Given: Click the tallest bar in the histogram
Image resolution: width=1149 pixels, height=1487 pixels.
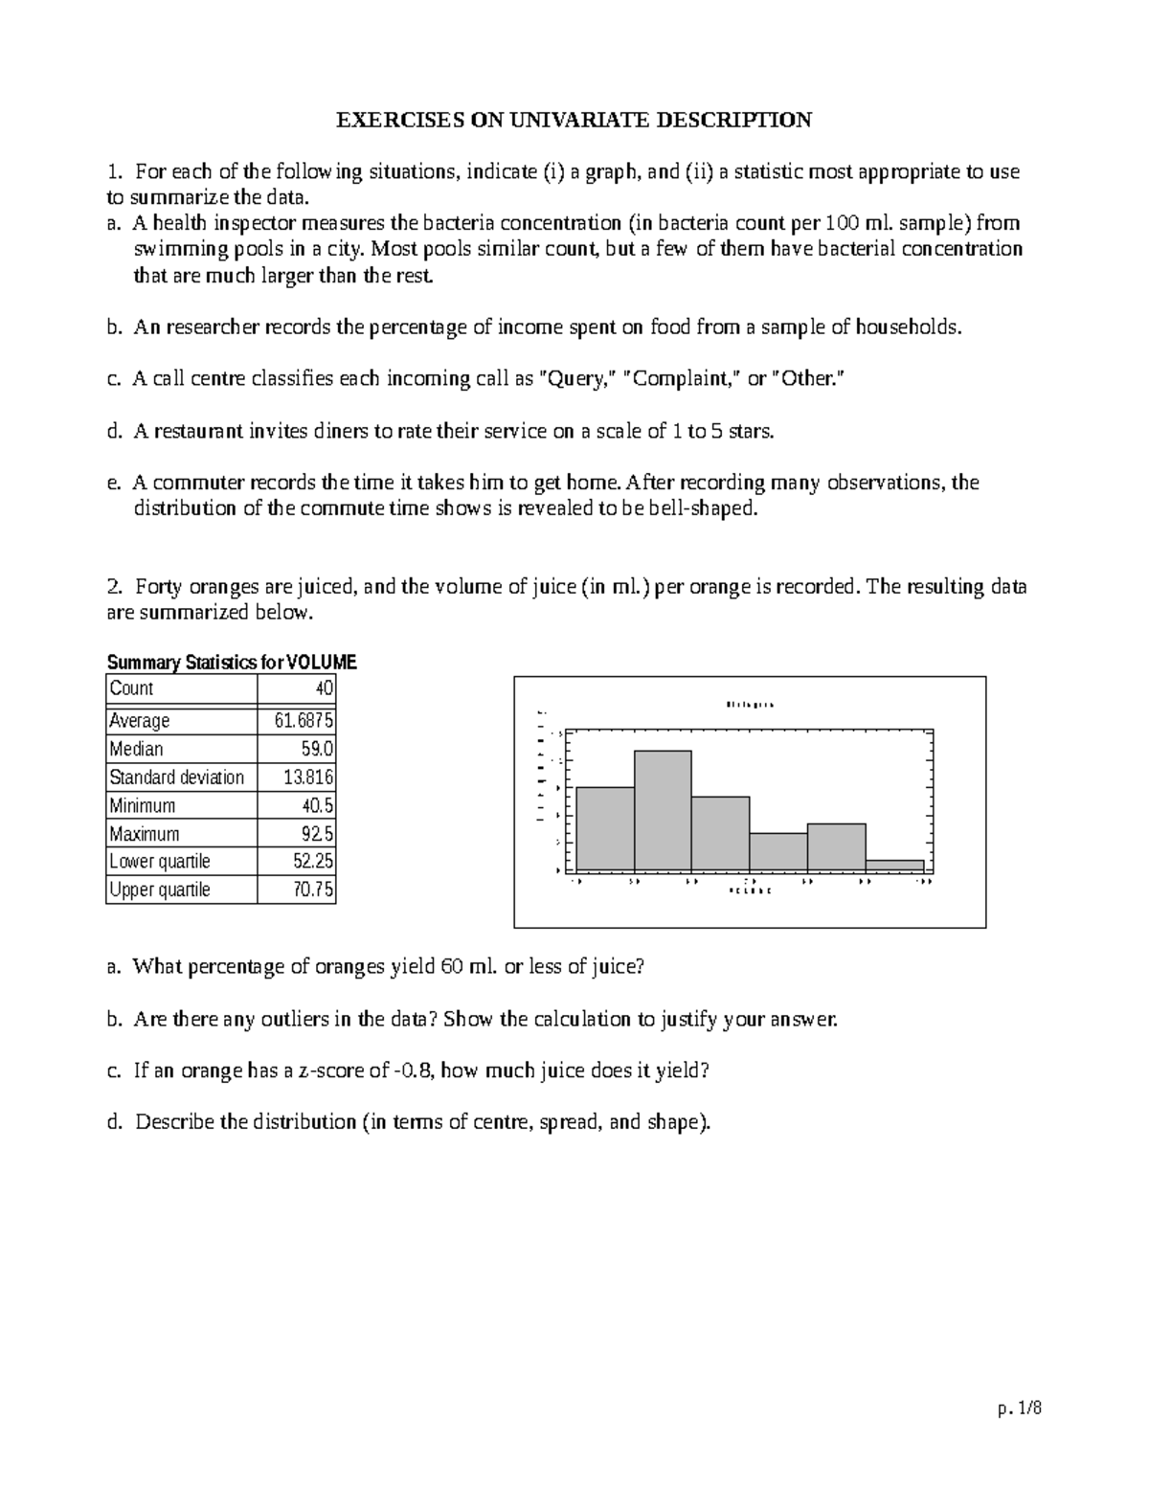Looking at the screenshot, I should click(662, 811).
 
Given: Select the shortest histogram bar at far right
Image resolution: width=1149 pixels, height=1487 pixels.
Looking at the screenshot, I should click(894, 866).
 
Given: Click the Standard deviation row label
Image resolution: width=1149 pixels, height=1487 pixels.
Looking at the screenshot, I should click(177, 777).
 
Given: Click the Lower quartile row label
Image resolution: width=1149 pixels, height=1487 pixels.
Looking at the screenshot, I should click(160, 861).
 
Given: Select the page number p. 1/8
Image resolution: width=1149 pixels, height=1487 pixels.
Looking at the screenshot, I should click(1018, 1408).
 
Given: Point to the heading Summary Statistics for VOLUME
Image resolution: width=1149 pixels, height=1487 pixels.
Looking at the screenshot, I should click(232, 663).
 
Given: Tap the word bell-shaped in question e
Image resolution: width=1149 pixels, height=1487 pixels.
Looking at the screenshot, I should click(703, 508).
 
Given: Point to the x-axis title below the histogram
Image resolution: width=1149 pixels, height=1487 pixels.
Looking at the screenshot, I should click(750, 890).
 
